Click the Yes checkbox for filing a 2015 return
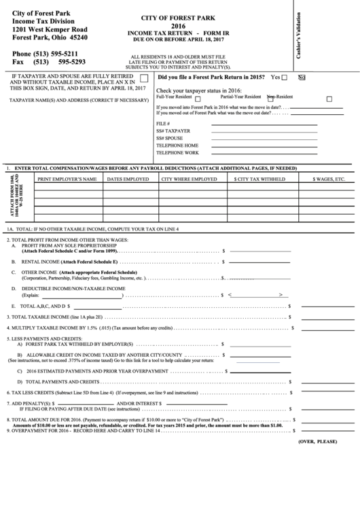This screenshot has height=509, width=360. tap(284, 77)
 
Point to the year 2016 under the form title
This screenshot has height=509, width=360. tap(181, 28)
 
